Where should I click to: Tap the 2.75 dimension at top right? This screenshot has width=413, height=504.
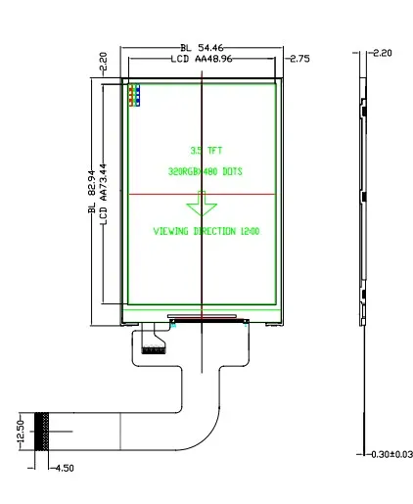299,60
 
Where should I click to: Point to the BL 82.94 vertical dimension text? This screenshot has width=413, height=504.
92,196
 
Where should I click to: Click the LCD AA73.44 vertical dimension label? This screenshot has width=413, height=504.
105,197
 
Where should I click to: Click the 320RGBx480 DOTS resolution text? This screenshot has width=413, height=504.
205,171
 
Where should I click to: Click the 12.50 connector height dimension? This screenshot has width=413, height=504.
21,432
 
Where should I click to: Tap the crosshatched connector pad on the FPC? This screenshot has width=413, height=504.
42,432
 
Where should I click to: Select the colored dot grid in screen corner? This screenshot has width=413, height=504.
134,95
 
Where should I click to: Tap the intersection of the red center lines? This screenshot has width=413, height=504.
201,195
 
